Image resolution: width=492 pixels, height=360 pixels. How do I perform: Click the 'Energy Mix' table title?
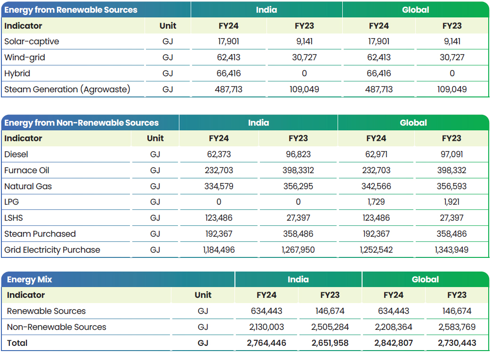coord(30,280)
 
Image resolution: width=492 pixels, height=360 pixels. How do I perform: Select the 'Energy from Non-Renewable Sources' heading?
coord(81,123)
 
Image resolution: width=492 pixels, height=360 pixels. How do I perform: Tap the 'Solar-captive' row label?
coord(32,41)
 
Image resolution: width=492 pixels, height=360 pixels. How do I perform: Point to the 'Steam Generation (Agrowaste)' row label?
coord(67,89)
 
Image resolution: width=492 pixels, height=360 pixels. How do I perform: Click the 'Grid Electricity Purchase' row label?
coord(52,250)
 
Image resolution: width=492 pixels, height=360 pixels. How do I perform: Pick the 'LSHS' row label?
coord(14,218)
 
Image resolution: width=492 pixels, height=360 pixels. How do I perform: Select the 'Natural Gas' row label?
coord(28,186)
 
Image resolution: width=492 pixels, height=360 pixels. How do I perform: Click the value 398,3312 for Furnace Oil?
coord(298,170)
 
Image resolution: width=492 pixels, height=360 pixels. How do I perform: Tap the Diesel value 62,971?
coord(376,154)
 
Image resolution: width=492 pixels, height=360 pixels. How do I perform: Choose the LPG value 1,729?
coord(376,202)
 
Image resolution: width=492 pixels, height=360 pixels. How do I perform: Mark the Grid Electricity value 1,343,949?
coord(452,250)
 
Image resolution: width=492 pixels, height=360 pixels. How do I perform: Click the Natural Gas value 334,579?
coord(219,186)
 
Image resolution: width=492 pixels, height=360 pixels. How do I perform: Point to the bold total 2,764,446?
coord(266,343)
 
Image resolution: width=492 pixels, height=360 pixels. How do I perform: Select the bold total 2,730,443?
coord(457,343)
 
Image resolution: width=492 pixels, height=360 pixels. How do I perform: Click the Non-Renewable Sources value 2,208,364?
coord(394,327)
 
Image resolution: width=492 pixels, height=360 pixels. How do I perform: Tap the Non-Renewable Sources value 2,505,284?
coord(330,327)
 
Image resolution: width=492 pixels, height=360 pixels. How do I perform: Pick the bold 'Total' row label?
coord(17,343)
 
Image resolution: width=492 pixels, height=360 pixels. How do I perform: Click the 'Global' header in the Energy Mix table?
coord(425,280)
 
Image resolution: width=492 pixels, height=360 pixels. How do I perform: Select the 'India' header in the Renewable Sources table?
coord(266,10)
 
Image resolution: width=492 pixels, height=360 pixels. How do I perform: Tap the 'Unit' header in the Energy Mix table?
coord(203,295)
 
